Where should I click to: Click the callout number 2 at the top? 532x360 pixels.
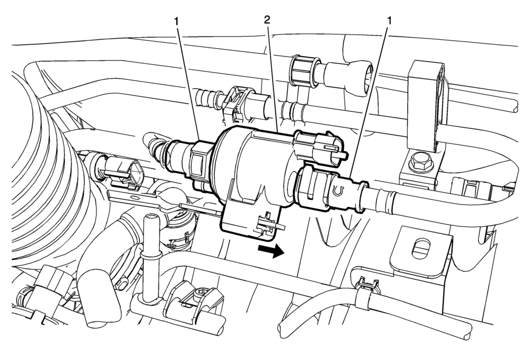267,20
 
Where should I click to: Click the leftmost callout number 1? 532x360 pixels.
176,21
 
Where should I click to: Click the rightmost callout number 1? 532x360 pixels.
390,20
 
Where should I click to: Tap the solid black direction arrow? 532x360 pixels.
271,251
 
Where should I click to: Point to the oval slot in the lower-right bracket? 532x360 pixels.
421,251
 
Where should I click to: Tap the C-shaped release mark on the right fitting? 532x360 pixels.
337,192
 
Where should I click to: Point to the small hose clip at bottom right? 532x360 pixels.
366,289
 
